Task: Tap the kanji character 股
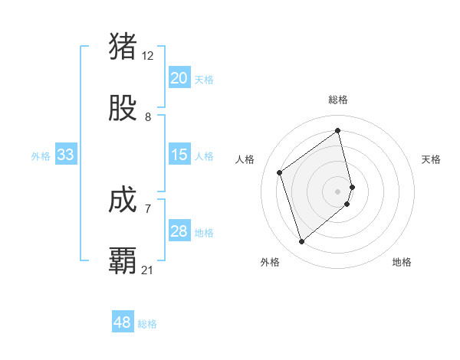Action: point(123,109)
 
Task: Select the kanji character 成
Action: point(123,201)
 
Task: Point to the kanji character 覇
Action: point(123,260)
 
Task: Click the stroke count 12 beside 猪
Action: point(148,56)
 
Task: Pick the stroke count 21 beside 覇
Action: point(148,270)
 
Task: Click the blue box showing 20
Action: point(179,78)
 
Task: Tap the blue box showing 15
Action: point(179,155)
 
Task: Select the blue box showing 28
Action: point(179,231)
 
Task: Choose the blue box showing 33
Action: point(66,155)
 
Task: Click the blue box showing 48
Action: point(123,322)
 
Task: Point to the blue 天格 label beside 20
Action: point(204,80)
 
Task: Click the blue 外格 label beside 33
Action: point(41,156)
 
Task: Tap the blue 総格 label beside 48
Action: point(147,324)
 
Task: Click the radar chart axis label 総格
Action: point(338,100)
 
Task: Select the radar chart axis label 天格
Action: point(432,159)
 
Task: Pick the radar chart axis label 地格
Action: point(402,262)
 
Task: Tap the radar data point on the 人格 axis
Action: point(280,172)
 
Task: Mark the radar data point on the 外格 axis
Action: point(301,242)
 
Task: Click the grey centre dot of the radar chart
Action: point(338,191)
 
